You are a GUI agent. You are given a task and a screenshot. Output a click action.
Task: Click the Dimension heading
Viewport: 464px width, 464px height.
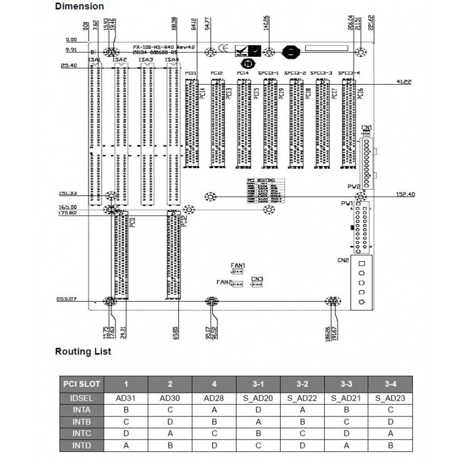coord(79,6)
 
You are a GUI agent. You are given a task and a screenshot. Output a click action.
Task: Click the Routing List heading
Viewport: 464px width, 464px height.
coord(83,351)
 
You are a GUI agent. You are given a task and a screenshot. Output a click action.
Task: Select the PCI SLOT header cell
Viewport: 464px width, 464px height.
coord(81,385)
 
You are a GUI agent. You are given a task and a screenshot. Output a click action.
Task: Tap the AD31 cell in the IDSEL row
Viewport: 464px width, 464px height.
coord(126,398)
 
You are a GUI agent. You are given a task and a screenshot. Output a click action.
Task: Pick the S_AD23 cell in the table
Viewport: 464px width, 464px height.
coord(390,398)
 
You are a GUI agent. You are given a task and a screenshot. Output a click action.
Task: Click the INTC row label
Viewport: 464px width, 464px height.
coord(81,433)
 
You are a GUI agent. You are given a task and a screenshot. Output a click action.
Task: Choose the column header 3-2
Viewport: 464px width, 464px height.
coord(302,385)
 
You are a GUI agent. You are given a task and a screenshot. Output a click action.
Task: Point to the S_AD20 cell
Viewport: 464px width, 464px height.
coord(258,398)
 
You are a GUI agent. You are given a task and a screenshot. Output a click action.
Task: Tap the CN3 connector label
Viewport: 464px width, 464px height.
coord(257,279)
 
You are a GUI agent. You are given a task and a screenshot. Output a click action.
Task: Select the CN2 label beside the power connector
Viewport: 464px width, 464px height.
coord(342,260)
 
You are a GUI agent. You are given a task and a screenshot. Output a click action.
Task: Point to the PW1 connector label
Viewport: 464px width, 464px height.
coord(347,204)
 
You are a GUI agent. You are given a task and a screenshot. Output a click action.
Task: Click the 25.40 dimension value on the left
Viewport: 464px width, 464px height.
coord(68,66)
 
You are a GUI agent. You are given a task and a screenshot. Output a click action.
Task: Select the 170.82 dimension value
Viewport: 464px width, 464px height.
coord(67,213)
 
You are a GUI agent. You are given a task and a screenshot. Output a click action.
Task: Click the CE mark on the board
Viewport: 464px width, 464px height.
coord(223,50)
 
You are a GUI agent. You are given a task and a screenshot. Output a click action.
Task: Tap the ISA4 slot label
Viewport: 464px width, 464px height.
coord(171,60)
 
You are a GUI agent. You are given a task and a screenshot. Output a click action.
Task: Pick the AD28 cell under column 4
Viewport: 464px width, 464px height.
coord(214,398)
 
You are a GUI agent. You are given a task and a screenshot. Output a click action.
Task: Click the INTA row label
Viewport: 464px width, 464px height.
coord(81,409)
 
